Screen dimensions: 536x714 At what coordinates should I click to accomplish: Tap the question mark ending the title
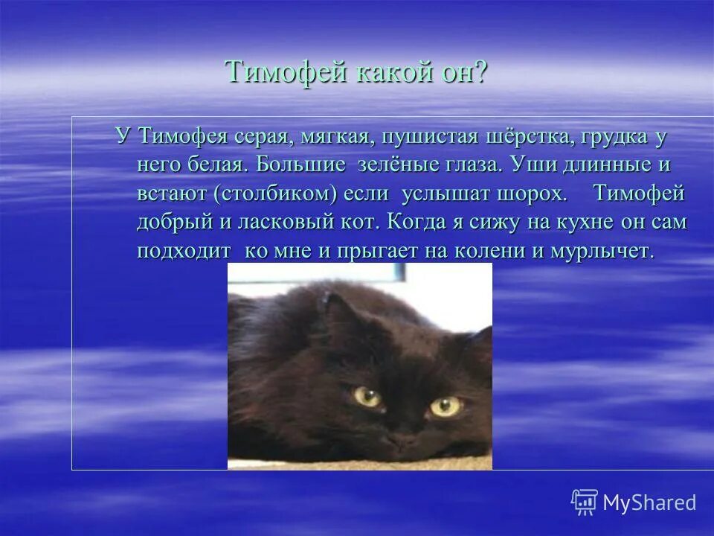[479, 73]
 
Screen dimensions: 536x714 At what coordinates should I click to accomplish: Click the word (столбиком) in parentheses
[276, 194]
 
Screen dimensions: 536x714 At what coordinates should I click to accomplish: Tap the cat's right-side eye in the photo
[445, 406]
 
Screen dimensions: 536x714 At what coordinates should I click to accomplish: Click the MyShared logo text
[649, 502]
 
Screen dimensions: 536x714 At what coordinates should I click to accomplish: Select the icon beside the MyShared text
[585, 502]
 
